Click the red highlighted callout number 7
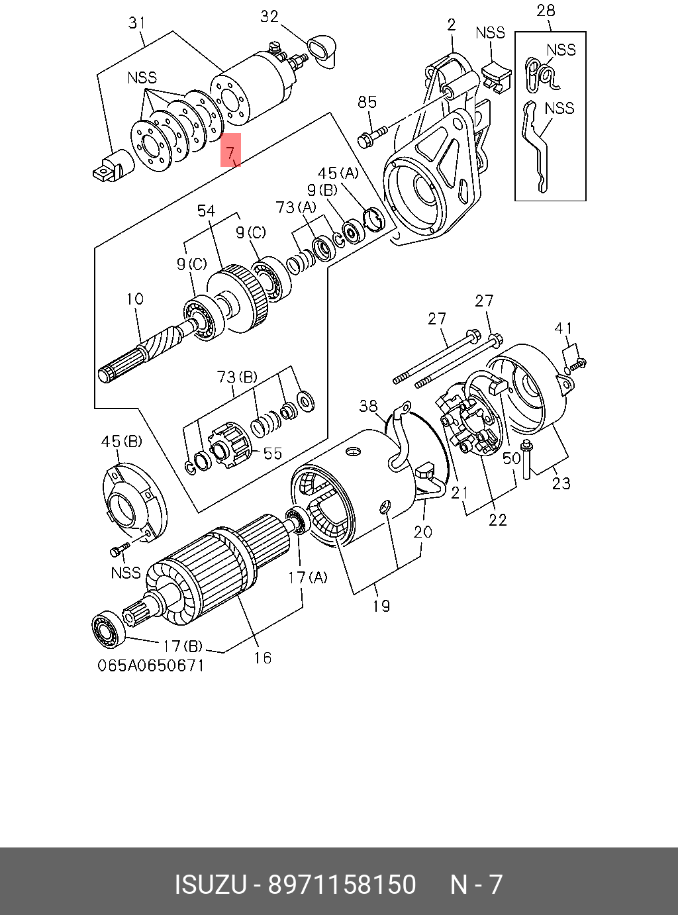(230, 152)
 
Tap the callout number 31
(136, 23)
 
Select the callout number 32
(269, 16)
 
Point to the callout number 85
(367, 102)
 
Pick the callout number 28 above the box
(546, 11)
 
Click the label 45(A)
(338, 173)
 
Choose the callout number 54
(206, 211)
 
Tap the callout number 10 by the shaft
(135, 299)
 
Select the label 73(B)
(236, 377)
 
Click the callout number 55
(273, 454)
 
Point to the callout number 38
(368, 406)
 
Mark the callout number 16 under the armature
(263, 657)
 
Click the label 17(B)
(183, 646)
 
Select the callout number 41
(563, 328)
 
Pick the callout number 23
(561, 483)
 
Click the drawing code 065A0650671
(151, 665)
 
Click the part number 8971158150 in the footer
(342, 885)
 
